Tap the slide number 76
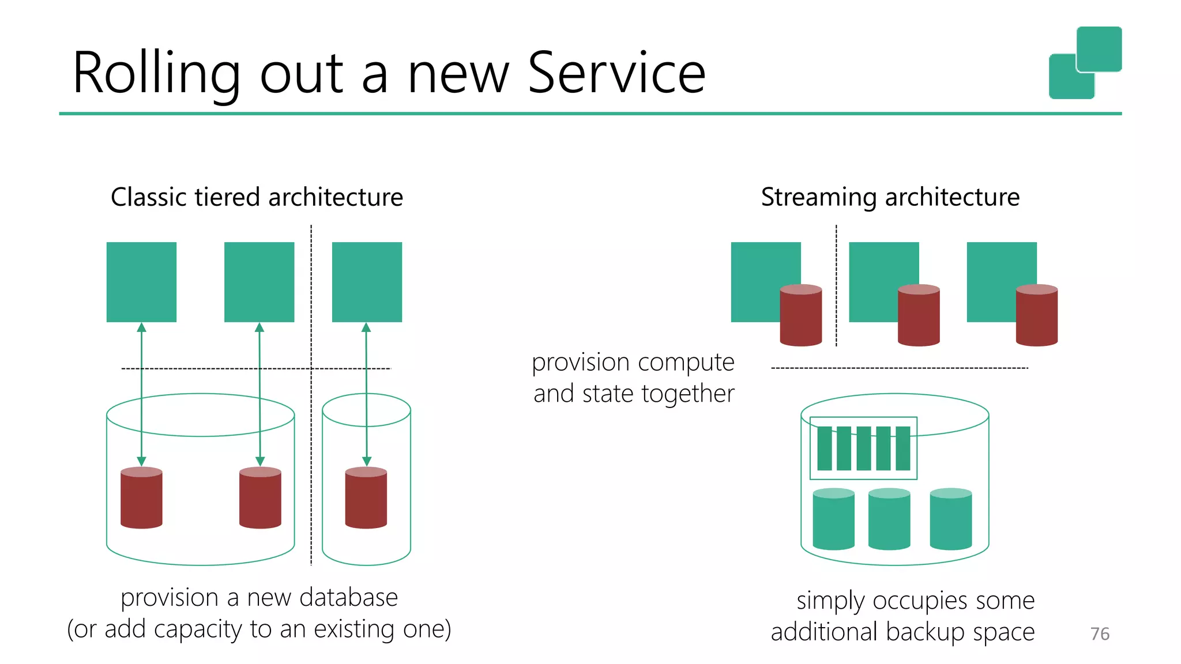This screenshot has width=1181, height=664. tap(1100, 633)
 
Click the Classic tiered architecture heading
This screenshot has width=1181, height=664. tap(257, 197)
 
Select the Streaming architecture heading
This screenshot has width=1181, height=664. tap(890, 197)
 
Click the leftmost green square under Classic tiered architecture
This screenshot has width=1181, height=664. tap(141, 282)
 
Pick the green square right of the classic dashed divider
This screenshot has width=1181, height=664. tap(367, 282)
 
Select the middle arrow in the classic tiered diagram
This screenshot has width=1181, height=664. tap(259, 394)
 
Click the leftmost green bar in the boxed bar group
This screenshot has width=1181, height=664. tap(825, 448)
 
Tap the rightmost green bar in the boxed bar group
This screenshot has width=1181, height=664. tap(903, 448)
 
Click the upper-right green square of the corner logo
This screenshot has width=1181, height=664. tap(1099, 48)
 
